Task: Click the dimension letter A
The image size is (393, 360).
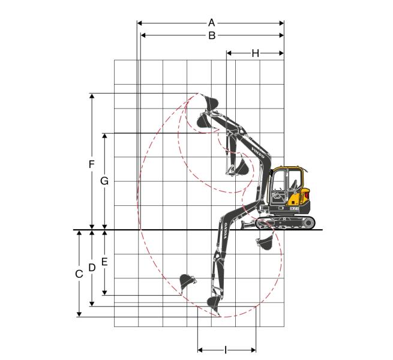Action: pyautogui.click(x=212, y=23)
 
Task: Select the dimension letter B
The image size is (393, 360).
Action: pyautogui.click(x=212, y=35)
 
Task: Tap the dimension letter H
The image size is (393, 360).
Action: pyautogui.click(x=255, y=53)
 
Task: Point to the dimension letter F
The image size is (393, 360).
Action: pyautogui.click(x=92, y=164)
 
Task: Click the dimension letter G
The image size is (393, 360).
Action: pyautogui.click(x=104, y=181)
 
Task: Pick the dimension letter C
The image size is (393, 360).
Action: pyautogui.click(x=79, y=274)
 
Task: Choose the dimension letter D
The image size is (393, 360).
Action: pyautogui.click(x=92, y=268)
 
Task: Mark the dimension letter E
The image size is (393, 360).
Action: pyautogui.click(x=104, y=262)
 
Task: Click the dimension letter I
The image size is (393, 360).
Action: pyautogui.click(x=226, y=350)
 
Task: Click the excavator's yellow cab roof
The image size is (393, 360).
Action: pyautogui.click(x=288, y=168)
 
